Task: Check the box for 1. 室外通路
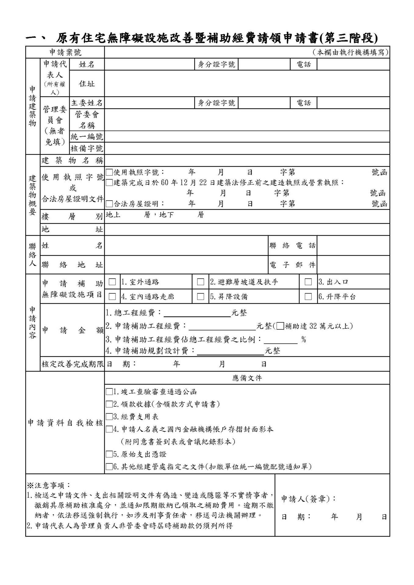pyautogui.click(x=112, y=282)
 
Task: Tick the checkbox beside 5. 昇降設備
pyautogui.click(x=200, y=296)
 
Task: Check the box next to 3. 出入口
pyautogui.click(x=308, y=282)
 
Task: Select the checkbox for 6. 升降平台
pyautogui.click(x=308, y=296)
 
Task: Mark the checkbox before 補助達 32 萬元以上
pyautogui.click(x=280, y=326)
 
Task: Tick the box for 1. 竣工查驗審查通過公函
pyautogui.click(x=109, y=392)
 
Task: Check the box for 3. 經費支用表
pyautogui.click(x=109, y=417)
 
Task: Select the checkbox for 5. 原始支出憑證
pyautogui.click(x=109, y=454)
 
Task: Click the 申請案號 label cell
pyautogui.click(x=65, y=52)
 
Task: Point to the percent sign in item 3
pyautogui.click(x=303, y=339)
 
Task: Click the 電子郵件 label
pyautogui.click(x=292, y=265)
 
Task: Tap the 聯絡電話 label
pyautogui.click(x=292, y=246)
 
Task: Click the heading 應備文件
pyautogui.click(x=247, y=378)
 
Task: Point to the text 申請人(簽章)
pyautogui.click(x=308, y=499)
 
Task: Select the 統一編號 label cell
pyautogui.click(x=87, y=137)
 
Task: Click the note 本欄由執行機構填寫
pyautogui.click(x=351, y=52)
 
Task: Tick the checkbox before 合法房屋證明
pyautogui.click(x=109, y=204)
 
